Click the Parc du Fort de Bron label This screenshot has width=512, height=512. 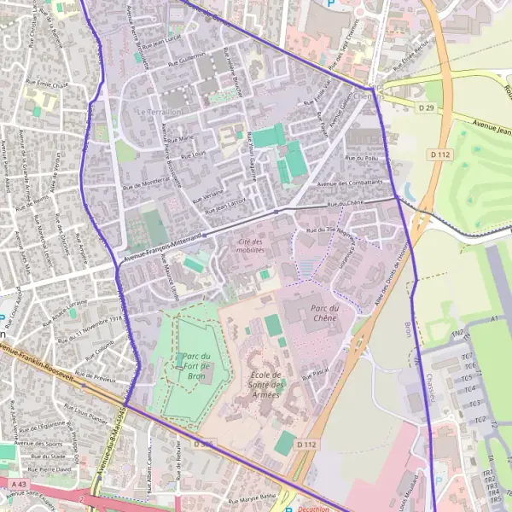point(195,365)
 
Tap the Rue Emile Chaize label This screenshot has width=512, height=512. point(49,85)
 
